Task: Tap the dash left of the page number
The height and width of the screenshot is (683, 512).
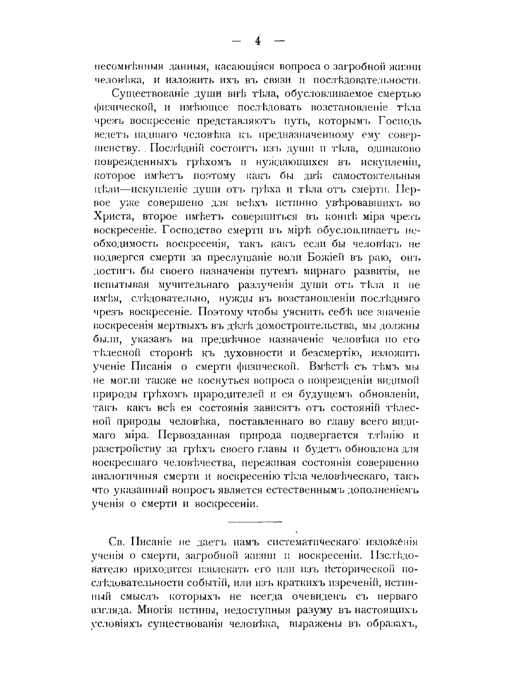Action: coord(237,41)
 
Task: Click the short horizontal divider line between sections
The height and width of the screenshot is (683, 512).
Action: coord(254,521)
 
